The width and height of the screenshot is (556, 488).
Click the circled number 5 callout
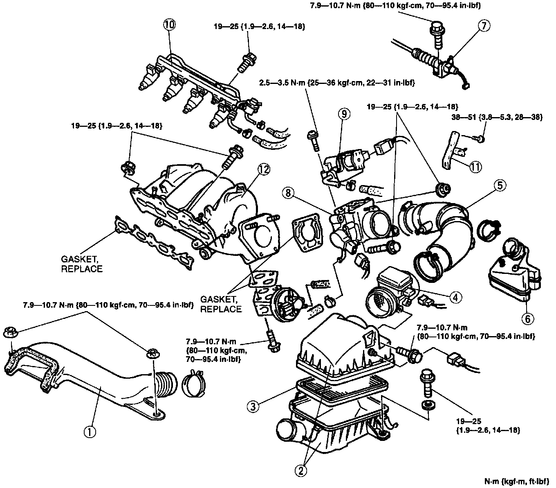[499, 185]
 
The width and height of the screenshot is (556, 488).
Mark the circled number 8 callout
[289, 193]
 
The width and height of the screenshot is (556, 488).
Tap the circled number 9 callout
[344, 115]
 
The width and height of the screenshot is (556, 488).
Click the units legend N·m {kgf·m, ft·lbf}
[517, 479]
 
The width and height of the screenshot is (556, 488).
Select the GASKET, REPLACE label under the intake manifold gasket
[81, 264]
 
